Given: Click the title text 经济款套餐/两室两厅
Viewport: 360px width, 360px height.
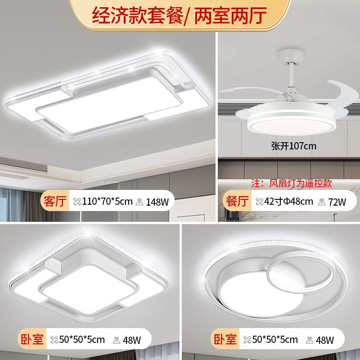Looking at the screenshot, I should click(x=180, y=15).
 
